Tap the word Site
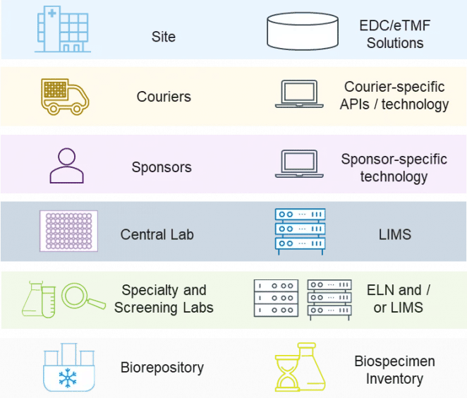pos(164,36)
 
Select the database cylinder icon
pos(302,32)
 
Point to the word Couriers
pos(164,97)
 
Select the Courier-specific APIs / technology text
pos(394,96)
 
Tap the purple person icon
pos(66,166)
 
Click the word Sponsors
pos(162,168)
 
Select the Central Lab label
pos(157,234)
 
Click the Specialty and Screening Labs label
pos(164,299)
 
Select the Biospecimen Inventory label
pos(394,370)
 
